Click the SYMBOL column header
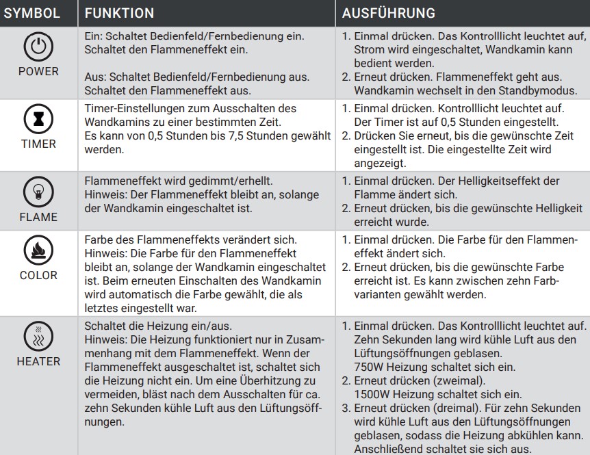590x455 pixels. click(32, 13)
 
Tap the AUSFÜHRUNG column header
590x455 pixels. click(388, 13)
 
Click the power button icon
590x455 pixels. click(38, 48)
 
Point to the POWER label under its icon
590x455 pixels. click(38, 71)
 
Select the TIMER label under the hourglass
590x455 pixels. click(38, 144)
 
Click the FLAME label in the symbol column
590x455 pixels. click(38, 217)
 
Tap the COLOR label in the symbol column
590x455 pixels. click(38, 275)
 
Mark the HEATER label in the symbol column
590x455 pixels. click(38, 361)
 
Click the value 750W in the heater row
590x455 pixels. click(370, 366)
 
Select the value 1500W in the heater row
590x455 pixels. click(372, 394)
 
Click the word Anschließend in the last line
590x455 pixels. click(389, 450)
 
